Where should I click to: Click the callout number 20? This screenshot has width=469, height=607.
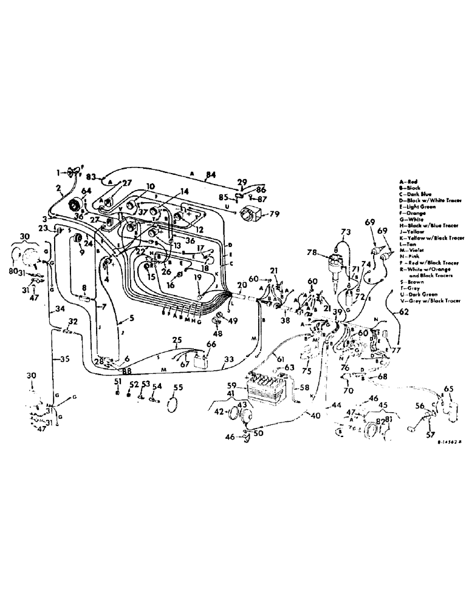click(243, 286)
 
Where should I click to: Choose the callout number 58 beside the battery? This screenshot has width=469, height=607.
click(304, 387)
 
